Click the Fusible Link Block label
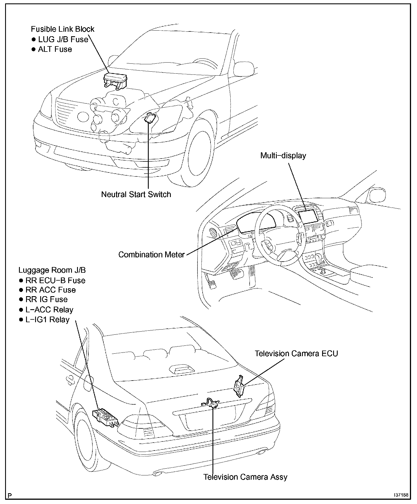click(62, 29)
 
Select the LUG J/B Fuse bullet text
click(63, 39)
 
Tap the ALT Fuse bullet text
click(55, 49)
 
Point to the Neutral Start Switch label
click(136, 195)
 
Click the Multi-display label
click(283, 156)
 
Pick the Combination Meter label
click(151, 255)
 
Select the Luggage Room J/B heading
click(52, 270)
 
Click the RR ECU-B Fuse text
click(55, 280)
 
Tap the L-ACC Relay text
click(49, 310)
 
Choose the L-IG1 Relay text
click(47, 320)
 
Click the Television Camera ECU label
click(296, 354)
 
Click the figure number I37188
click(401, 495)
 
